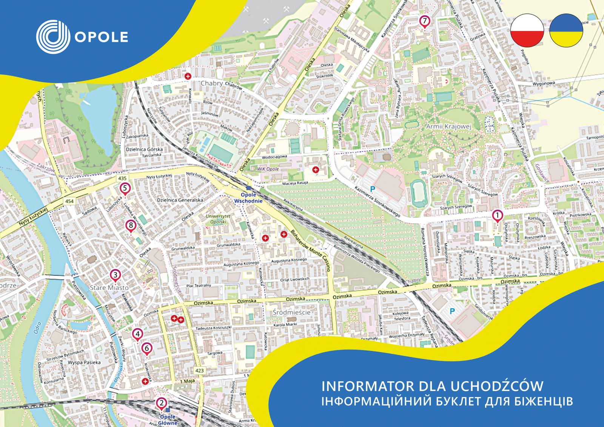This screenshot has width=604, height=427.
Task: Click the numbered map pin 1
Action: (x=498, y=216)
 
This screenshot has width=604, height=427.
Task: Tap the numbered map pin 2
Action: (x=162, y=403)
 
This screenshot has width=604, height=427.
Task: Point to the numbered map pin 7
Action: (x=425, y=21)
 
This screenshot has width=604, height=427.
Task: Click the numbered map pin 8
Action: (x=130, y=226)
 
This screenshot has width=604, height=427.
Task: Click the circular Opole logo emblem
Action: (x=53, y=36)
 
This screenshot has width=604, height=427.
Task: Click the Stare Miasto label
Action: (x=109, y=288)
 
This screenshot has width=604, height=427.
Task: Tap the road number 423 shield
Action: (x=200, y=371)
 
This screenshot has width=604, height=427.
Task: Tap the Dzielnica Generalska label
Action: (x=180, y=200)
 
